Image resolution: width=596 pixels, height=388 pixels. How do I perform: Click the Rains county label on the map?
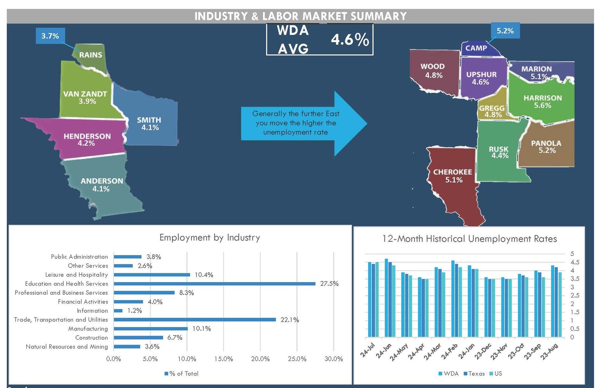coord(90,55)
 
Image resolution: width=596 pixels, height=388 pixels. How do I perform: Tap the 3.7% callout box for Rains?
coord(50,36)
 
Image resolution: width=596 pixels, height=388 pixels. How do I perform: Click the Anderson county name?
coord(102,181)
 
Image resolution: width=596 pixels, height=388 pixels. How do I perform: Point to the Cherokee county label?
coord(453,172)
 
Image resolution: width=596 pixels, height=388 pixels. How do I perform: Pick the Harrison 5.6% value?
coord(542,106)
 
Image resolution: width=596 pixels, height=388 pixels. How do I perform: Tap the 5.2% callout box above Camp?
coord(505,31)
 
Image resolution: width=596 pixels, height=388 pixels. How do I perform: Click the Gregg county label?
coord(491,108)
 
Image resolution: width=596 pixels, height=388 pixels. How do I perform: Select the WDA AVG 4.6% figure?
coord(350,40)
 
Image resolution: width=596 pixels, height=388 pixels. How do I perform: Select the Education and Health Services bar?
coord(214,284)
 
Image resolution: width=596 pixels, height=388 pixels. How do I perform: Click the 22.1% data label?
coord(290,320)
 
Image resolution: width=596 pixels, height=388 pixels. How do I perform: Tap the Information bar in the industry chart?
coord(118,311)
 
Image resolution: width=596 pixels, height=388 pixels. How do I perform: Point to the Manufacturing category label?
coord(88,328)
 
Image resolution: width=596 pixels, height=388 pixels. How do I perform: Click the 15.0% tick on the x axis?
coord(223,359)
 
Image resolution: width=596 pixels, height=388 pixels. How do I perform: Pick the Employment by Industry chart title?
coord(210,237)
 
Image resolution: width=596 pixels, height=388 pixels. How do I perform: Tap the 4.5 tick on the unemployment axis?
coord(575,262)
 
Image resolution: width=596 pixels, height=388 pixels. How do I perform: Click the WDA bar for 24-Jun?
coord(386,298)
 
